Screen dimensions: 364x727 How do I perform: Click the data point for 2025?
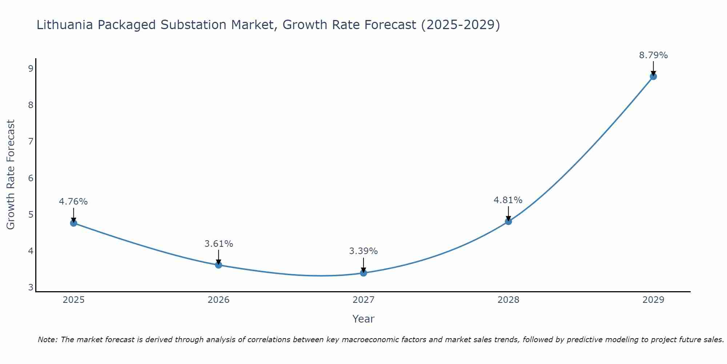click(x=73, y=223)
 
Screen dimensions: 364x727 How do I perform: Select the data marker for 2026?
click(x=218, y=265)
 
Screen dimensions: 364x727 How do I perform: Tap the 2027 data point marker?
click(x=363, y=273)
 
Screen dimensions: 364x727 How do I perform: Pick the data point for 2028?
click(x=508, y=221)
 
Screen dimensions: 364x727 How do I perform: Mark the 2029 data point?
click(x=653, y=76)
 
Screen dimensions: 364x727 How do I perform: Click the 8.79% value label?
click(x=653, y=55)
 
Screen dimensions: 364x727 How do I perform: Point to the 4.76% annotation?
click(x=73, y=202)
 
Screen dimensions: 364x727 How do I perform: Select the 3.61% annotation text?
click(x=218, y=244)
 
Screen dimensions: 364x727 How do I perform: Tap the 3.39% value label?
click(x=363, y=251)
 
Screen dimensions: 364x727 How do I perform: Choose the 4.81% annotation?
click(x=508, y=200)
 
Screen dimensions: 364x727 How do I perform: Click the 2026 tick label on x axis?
click(x=218, y=300)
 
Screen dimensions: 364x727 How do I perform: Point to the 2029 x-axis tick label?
click(x=653, y=300)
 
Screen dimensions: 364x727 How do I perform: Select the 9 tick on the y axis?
click(x=31, y=69)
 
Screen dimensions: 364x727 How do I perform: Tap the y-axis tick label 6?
click(x=31, y=178)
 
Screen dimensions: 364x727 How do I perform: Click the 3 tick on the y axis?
click(x=31, y=288)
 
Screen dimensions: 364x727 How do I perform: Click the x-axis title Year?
click(x=363, y=319)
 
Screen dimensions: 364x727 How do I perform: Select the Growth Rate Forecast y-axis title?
click(x=11, y=175)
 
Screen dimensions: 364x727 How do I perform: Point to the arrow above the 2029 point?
click(x=653, y=68)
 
